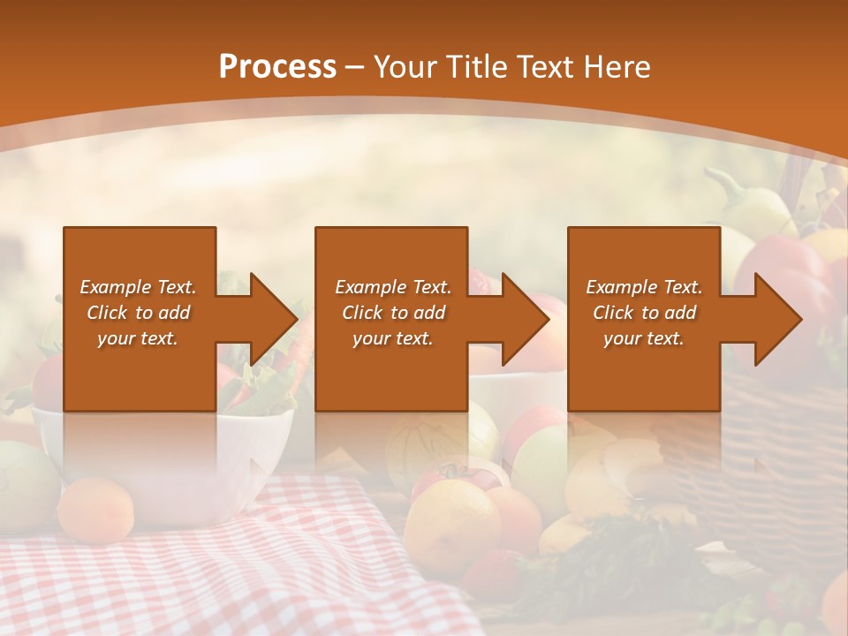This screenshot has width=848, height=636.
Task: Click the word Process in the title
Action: point(277,67)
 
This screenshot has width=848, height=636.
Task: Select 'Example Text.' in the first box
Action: point(138,287)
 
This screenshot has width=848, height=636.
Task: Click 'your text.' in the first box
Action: point(138,338)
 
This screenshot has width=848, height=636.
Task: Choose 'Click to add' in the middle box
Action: point(393,313)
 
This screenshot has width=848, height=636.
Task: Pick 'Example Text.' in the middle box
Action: point(393,287)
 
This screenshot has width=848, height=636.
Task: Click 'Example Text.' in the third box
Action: point(644,287)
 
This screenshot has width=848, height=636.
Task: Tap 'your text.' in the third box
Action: point(644,338)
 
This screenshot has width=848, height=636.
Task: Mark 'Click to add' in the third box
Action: point(644,313)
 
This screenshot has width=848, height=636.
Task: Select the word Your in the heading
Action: point(405,67)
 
